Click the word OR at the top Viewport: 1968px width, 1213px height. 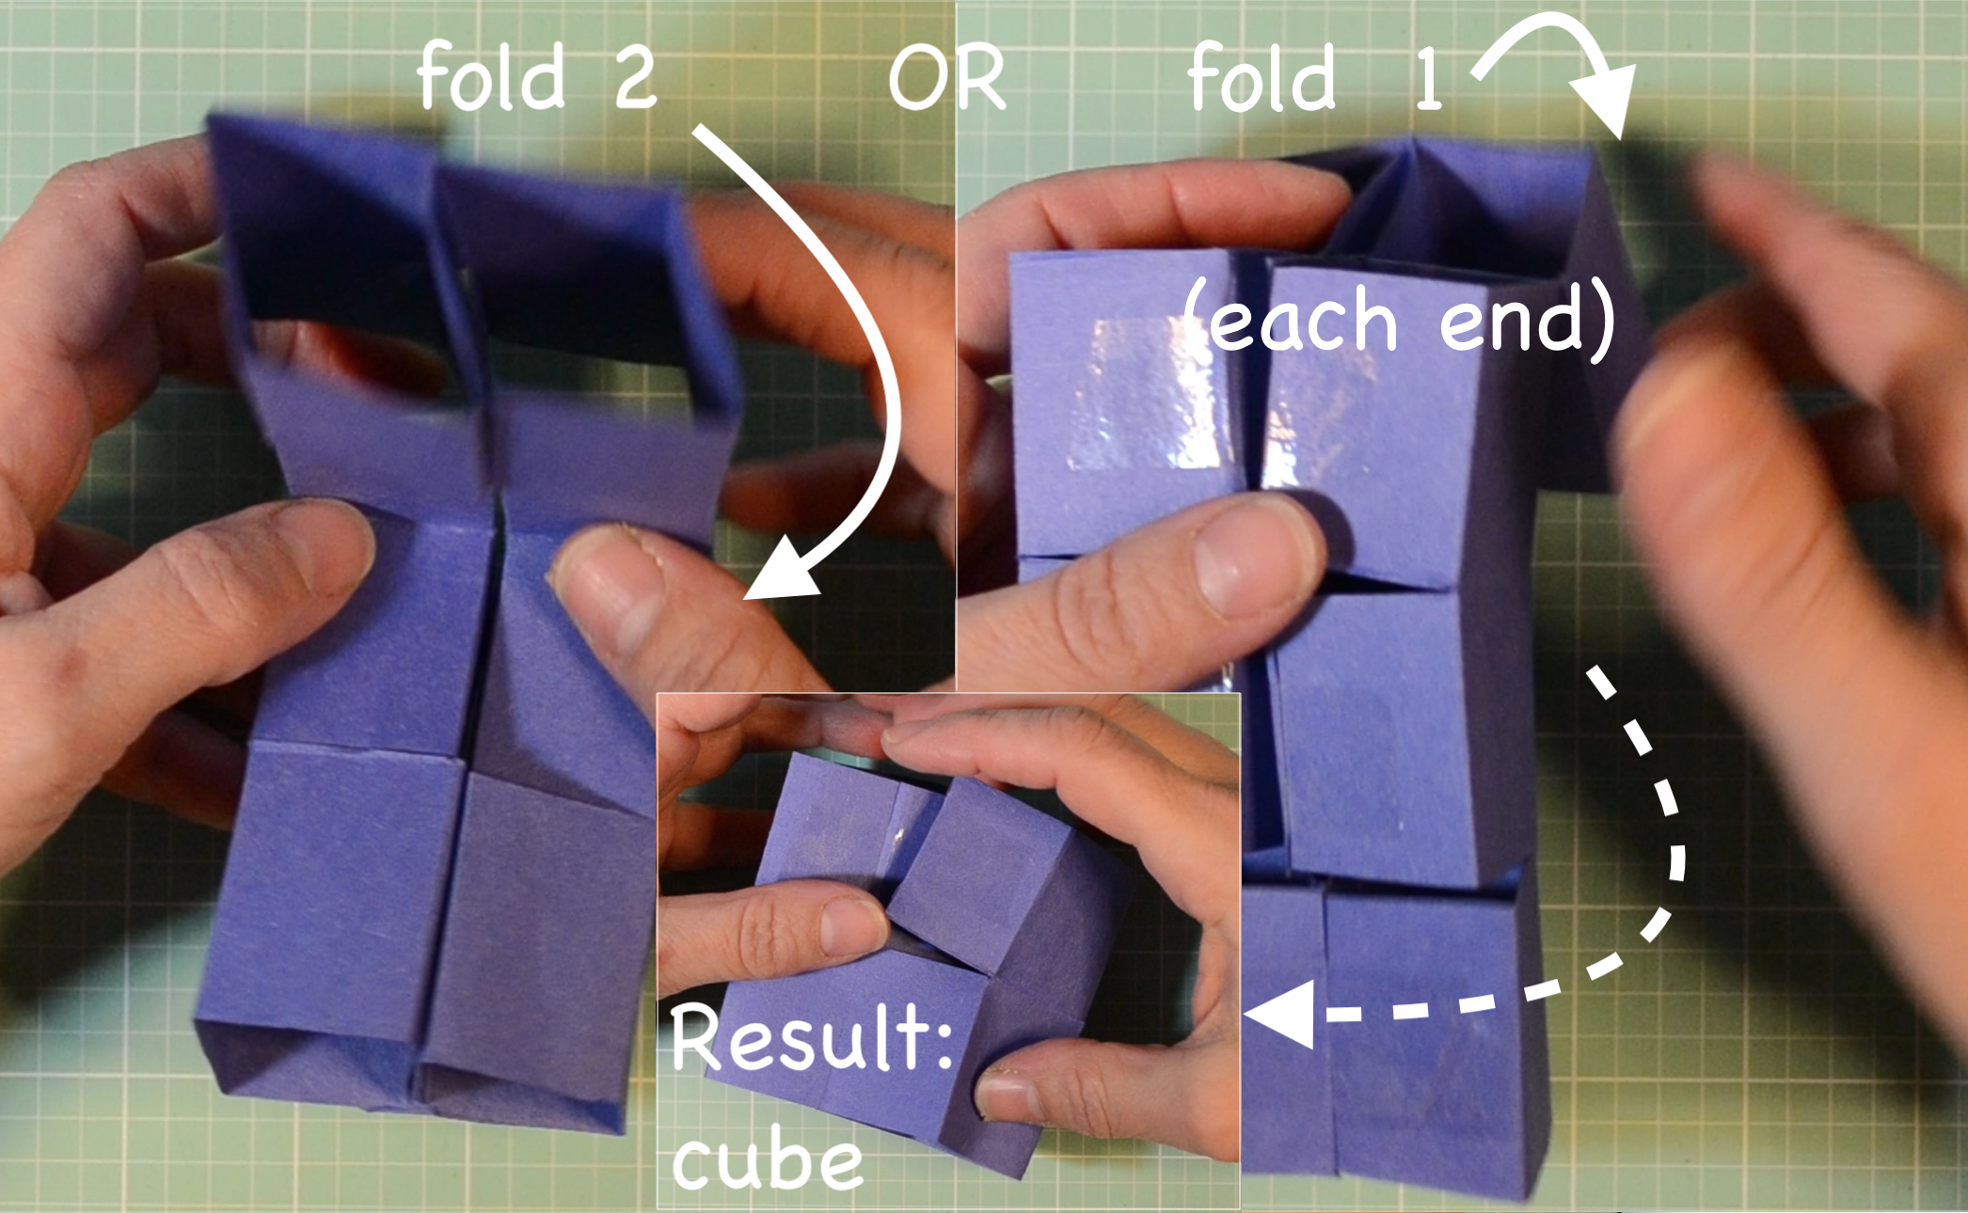click(x=946, y=77)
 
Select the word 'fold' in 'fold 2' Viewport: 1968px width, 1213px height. click(x=490, y=75)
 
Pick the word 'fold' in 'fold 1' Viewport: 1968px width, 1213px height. click(x=1261, y=77)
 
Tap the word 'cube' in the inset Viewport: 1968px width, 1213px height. click(x=767, y=1159)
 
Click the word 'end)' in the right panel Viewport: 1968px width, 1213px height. click(x=1527, y=320)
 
